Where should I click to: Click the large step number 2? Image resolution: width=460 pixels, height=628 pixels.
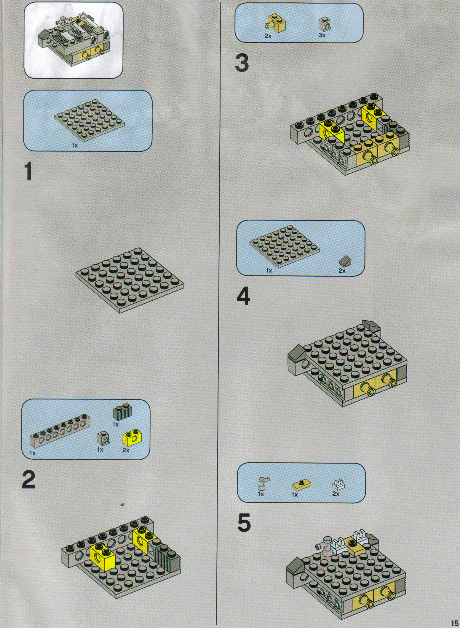[28, 480]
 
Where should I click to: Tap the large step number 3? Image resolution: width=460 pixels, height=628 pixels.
[242, 63]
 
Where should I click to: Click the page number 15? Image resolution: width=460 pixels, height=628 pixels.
[454, 622]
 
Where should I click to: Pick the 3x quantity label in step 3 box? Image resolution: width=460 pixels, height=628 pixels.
[322, 35]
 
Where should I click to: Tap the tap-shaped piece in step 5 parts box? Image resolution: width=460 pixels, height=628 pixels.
[262, 483]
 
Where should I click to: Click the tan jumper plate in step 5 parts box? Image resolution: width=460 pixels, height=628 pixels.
[301, 485]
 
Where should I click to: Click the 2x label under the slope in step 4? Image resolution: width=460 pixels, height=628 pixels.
[342, 271]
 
